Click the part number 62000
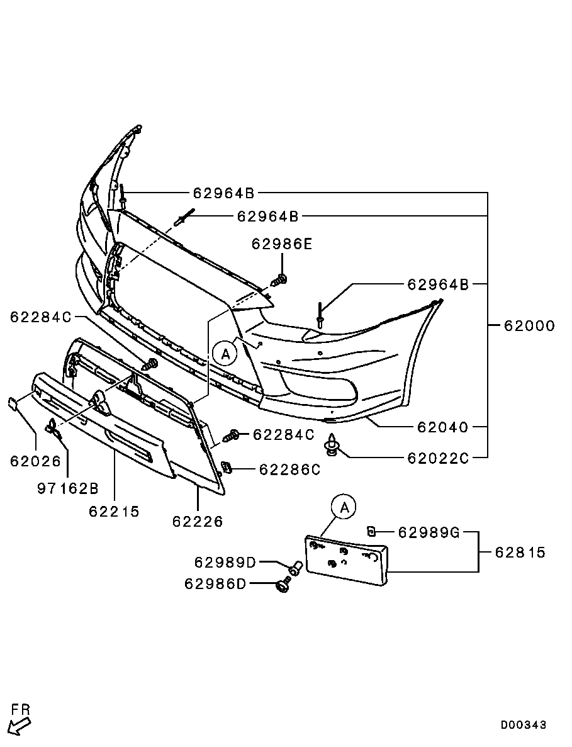coord(529,326)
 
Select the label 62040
coord(443,427)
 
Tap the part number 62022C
coord(438,458)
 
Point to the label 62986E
coord(282,244)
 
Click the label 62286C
coord(290,469)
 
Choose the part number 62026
coord(35,461)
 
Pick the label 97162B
coord(67,488)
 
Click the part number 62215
coord(114,511)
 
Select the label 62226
coord(198,522)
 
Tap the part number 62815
coord(520,553)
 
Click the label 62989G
coord(429,533)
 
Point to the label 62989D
coord(225,562)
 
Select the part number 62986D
coord(215,584)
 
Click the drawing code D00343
coord(524,725)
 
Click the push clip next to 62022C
coord(332,446)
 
